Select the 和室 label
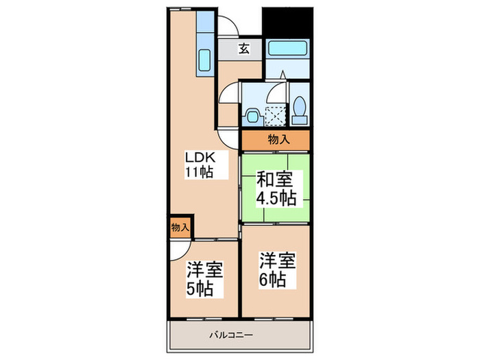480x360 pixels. tap(274, 180)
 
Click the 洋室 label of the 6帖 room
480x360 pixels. tap(277, 261)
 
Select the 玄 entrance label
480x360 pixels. tap(244, 48)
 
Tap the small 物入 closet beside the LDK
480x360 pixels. tap(180, 226)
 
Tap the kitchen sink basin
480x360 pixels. tap(206, 62)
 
